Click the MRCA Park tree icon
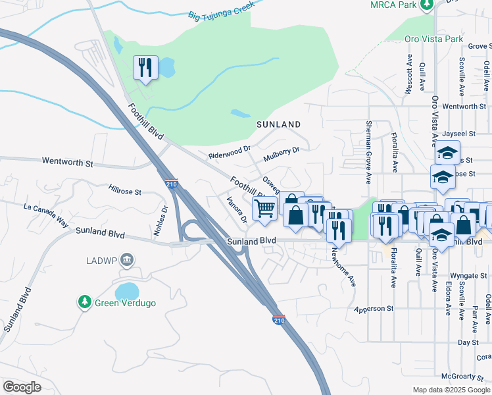point(427,5)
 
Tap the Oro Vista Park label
point(434,39)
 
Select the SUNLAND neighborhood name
point(278,124)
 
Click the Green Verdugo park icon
point(84,302)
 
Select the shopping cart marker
point(265,209)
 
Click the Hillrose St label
point(125,192)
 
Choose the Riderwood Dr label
point(230,152)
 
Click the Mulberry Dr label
point(281,154)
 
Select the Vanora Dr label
point(236,209)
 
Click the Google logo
point(22,386)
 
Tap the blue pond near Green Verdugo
point(127,291)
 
